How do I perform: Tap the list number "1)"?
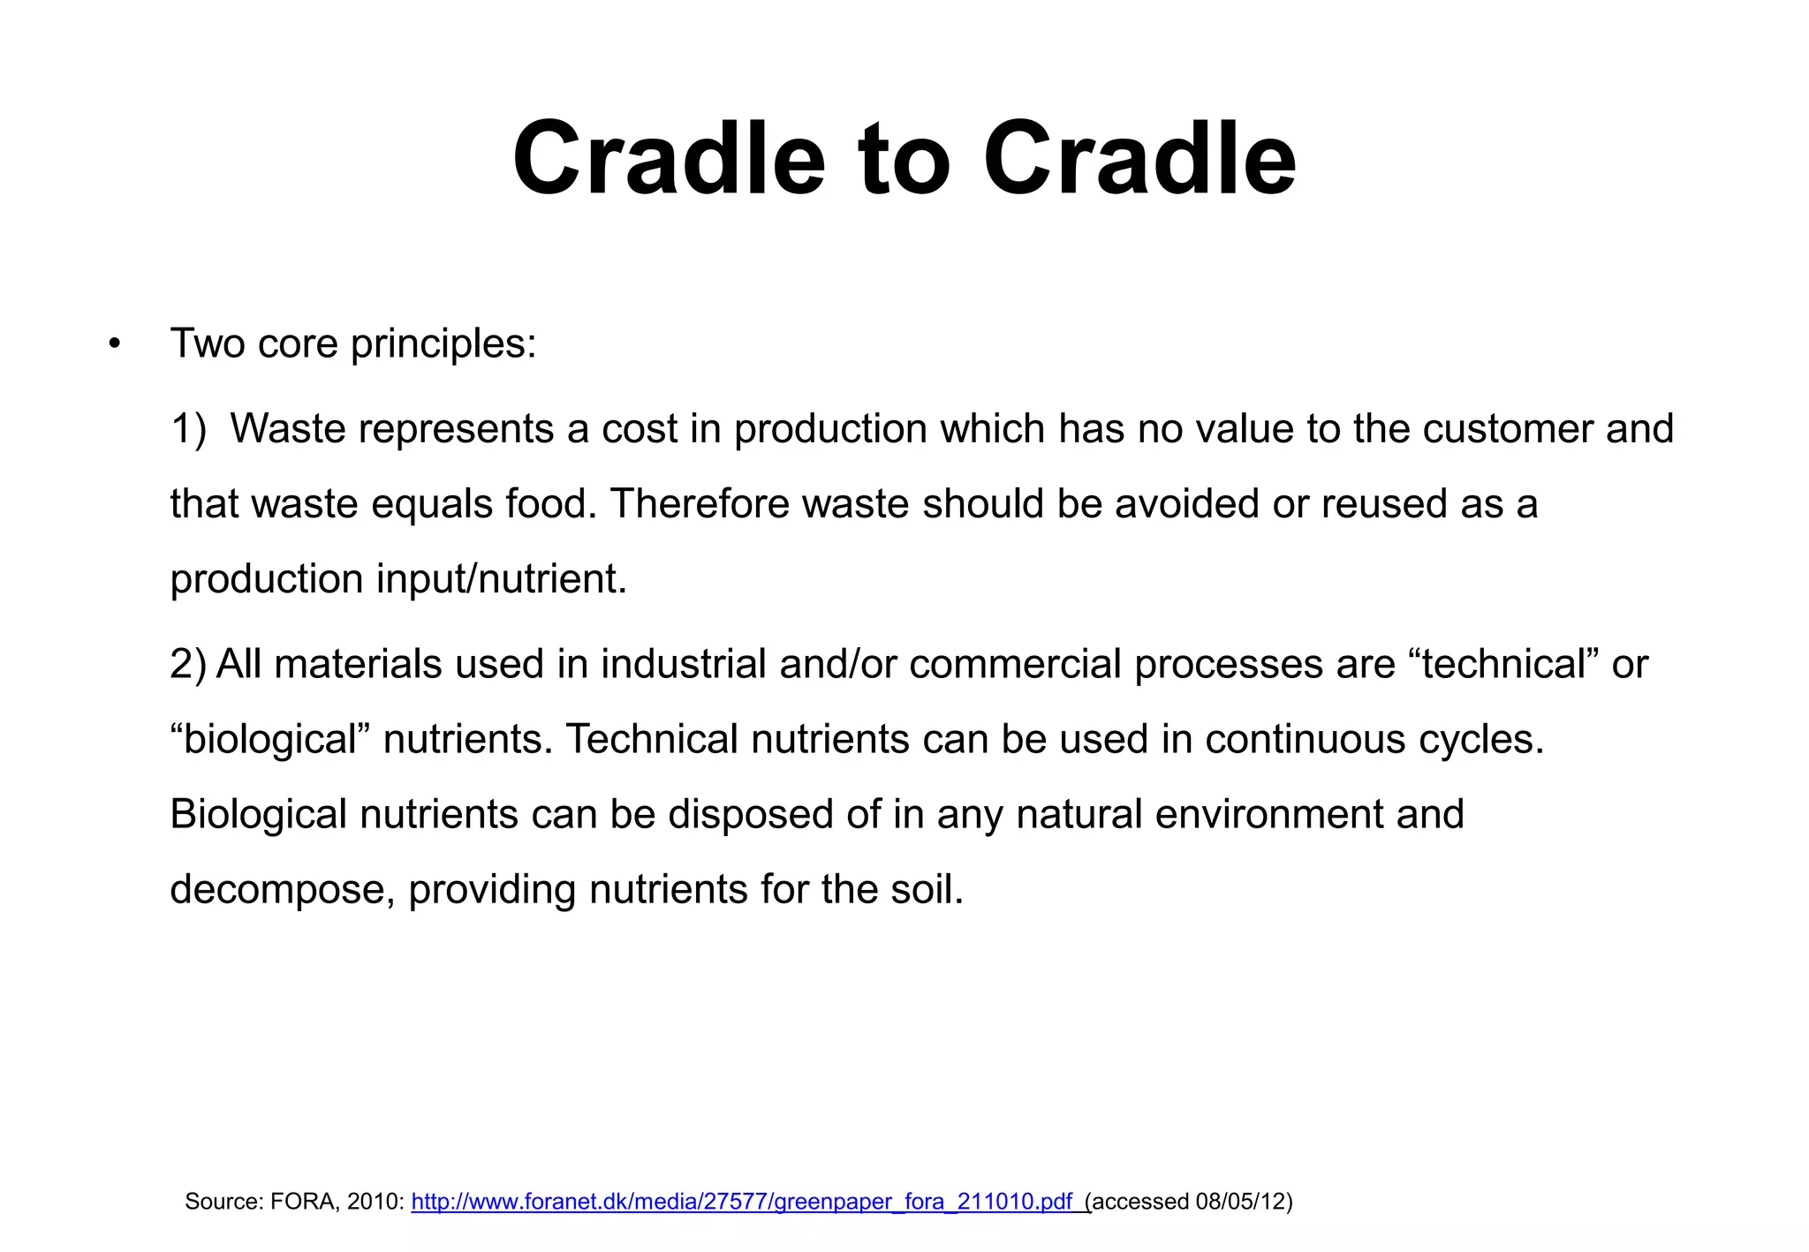coord(188,429)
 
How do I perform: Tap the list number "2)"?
coord(187,664)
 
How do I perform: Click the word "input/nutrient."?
coord(501,580)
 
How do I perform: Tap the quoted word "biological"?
coord(269,740)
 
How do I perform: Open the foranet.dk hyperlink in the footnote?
coord(742,1202)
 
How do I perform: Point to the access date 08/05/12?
coord(1240,1202)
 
